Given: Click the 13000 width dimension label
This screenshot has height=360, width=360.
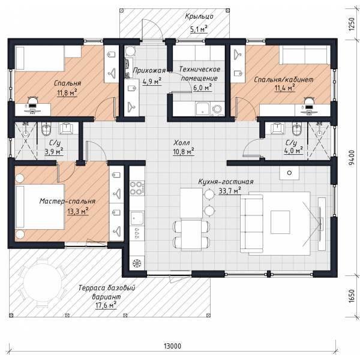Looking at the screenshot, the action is click(172, 346).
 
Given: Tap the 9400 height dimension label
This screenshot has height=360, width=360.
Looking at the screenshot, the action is click(351, 158).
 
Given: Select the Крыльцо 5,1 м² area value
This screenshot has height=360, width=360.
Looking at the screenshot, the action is click(199, 29).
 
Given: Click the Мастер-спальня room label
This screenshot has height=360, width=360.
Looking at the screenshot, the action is click(67, 201).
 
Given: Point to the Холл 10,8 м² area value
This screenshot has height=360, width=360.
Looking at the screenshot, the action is click(184, 152).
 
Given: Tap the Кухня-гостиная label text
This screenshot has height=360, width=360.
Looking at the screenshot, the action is click(226, 182).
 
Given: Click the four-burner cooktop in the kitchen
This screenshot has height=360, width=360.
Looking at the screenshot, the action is click(137, 188).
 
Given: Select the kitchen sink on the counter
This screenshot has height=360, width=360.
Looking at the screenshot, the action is click(137, 218).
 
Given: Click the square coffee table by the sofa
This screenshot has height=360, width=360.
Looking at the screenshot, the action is click(280, 222).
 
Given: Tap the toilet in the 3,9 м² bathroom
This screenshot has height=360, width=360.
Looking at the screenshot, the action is click(47, 129).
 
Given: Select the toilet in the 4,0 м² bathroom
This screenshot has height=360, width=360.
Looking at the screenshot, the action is click(297, 129).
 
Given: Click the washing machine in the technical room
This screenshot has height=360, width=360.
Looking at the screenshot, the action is click(217, 110).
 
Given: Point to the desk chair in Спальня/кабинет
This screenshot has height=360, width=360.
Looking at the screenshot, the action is click(309, 101).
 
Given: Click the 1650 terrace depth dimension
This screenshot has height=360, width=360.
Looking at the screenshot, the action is click(351, 296).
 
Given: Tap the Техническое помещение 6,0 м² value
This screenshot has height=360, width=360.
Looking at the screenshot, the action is click(202, 88).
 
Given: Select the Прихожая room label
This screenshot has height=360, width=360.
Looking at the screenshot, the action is click(149, 70).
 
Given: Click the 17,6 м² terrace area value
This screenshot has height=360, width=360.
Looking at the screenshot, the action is click(106, 305).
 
